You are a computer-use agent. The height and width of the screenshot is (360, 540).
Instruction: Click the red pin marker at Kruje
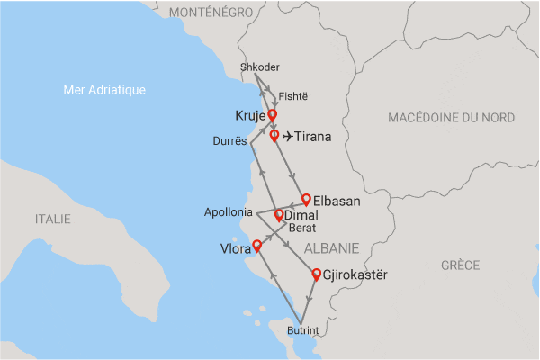tap(272, 115)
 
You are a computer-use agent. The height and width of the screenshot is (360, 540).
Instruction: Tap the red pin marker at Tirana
tap(274, 136)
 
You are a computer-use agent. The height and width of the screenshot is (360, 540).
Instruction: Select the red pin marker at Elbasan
tap(306, 199)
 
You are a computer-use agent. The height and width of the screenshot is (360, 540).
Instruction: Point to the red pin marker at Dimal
tap(279, 215)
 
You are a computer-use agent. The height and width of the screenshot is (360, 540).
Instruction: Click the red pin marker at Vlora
tap(256, 245)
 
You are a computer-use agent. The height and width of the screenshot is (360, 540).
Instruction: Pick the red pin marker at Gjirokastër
tap(316, 274)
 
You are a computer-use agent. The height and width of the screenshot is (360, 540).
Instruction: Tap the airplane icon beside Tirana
tap(288, 137)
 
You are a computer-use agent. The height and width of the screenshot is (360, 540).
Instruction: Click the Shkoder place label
tap(261, 68)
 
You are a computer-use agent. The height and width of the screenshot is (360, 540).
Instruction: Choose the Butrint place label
tap(302, 331)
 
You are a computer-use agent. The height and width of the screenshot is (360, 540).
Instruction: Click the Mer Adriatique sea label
tap(105, 89)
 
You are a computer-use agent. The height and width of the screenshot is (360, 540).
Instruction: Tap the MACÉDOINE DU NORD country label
tap(451, 118)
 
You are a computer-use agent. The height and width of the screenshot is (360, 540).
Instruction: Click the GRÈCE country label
tap(461, 265)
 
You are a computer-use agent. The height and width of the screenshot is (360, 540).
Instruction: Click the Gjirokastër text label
tap(357, 274)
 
